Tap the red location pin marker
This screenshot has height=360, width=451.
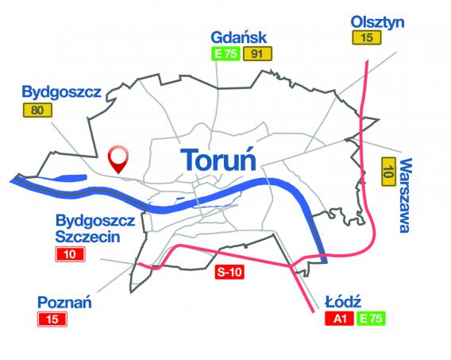[x=118, y=158]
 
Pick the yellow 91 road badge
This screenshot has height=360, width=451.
[x=256, y=55]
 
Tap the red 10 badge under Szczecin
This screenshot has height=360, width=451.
[x=70, y=255]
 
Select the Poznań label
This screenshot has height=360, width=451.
[x=64, y=301]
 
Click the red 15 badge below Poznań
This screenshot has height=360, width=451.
[x=54, y=319]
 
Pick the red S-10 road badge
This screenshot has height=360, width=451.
[x=229, y=273]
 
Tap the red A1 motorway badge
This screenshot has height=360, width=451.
[x=338, y=319]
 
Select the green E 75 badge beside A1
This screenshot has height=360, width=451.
[x=370, y=319]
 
